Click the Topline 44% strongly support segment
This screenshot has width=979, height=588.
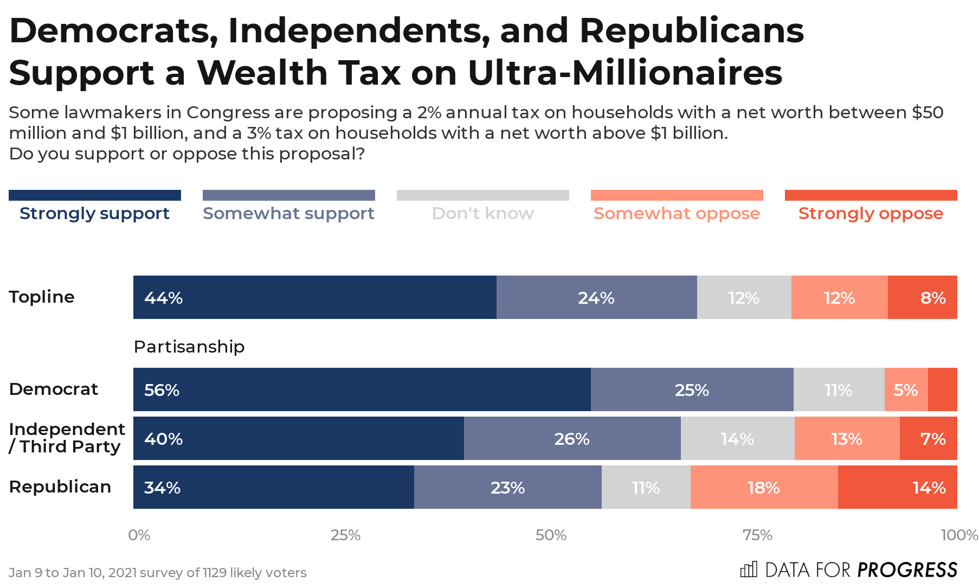tap(314, 297)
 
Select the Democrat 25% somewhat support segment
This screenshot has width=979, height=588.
tap(692, 389)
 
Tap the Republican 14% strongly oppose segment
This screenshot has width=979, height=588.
tap(897, 487)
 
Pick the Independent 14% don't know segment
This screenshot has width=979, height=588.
tap(737, 438)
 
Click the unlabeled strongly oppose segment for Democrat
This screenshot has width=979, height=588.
tap(942, 389)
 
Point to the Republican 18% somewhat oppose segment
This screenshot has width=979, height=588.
tap(764, 487)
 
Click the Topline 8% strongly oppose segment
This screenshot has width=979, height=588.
tap(922, 297)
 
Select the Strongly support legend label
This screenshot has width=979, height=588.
tap(94, 214)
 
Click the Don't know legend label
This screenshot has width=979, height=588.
tap(482, 214)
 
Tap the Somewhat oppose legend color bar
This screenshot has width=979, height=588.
tap(677, 195)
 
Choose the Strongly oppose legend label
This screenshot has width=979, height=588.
tap(871, 214)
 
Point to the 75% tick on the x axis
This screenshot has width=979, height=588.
tap(757, 535)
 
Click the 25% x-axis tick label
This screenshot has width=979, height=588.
tap(345, 535)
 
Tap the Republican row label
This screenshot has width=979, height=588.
tap(60, 487)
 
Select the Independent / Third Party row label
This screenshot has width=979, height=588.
tap(66, 438)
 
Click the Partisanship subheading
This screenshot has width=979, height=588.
tap(189, 347)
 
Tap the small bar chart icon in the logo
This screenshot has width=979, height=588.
tap(749, 570)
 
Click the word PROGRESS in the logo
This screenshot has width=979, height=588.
tap(907, 570)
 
